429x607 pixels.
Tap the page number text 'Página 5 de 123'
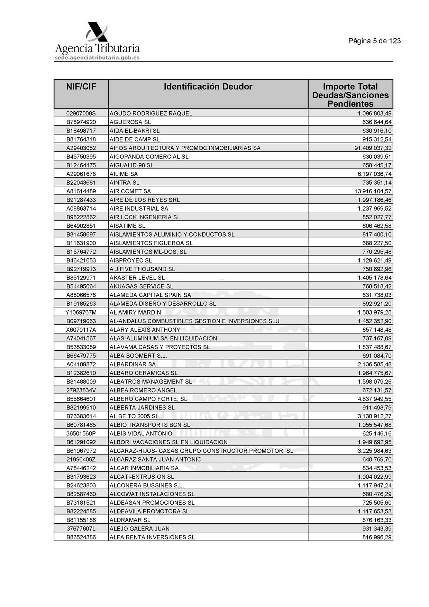click(x=374, y=41)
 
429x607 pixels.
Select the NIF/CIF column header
click(x=81, y=87)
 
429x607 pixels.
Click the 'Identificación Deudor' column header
click(x=208, y=87)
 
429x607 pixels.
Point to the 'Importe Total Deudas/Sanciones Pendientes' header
click(x=350, y=95)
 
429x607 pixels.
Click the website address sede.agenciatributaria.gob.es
click(x=97, y=58)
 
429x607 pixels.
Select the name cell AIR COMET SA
click(x=130, y=191)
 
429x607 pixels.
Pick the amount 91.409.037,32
click(x=371, y=148)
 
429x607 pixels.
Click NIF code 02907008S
click(x=81, y=113)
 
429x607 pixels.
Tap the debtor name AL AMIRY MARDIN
click(x=135, y=312)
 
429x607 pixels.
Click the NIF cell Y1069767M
click(x=81, y=312)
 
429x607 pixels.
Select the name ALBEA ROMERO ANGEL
click(x=143, y=390)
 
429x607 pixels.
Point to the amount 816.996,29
click(x=377, y=537)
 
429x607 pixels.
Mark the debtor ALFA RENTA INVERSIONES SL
click(x=152, y=537)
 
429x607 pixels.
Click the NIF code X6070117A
click(x=81, y=330)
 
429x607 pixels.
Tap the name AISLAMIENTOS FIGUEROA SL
click(x=151, y=243)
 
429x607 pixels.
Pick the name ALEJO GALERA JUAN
click(x=139, y=528)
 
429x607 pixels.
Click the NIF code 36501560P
click(x=81, y=433)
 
